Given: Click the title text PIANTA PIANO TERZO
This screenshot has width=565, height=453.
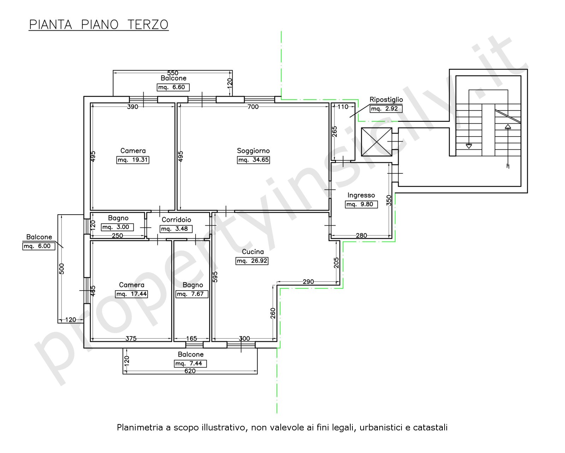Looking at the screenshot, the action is coord(99,24).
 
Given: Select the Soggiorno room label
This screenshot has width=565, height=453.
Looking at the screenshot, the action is coord(253,151).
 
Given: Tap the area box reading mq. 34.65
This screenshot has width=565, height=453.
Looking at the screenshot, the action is coord(253,160).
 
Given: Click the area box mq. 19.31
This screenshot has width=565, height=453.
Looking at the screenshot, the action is coord(133,160).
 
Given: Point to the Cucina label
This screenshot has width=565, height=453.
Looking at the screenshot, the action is coord(253,252).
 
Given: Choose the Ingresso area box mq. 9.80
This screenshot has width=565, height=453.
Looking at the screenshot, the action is coord(361,204).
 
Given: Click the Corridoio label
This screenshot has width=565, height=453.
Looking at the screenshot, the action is coord(176,220).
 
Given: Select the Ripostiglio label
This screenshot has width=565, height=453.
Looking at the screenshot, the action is coord(386,100).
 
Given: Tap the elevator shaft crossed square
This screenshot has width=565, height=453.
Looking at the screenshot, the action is coord(376,142).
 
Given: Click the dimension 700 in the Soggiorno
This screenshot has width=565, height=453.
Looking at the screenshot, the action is coord(253,107).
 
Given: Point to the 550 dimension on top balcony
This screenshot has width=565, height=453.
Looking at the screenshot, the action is coord(173,73).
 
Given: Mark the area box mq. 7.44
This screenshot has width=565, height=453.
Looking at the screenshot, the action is coord(190,363).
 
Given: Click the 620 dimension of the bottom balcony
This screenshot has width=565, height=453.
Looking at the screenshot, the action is coord(190,371).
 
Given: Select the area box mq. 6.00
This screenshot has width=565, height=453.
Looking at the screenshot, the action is coord(39,246).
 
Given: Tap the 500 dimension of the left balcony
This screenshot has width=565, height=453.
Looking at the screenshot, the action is coord(61,269).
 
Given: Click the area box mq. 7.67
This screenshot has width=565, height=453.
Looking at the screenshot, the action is coord(192,294).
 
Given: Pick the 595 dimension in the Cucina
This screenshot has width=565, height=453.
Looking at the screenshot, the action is coord(215,277).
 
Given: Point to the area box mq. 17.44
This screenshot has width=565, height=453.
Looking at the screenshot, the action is coord(131,294).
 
